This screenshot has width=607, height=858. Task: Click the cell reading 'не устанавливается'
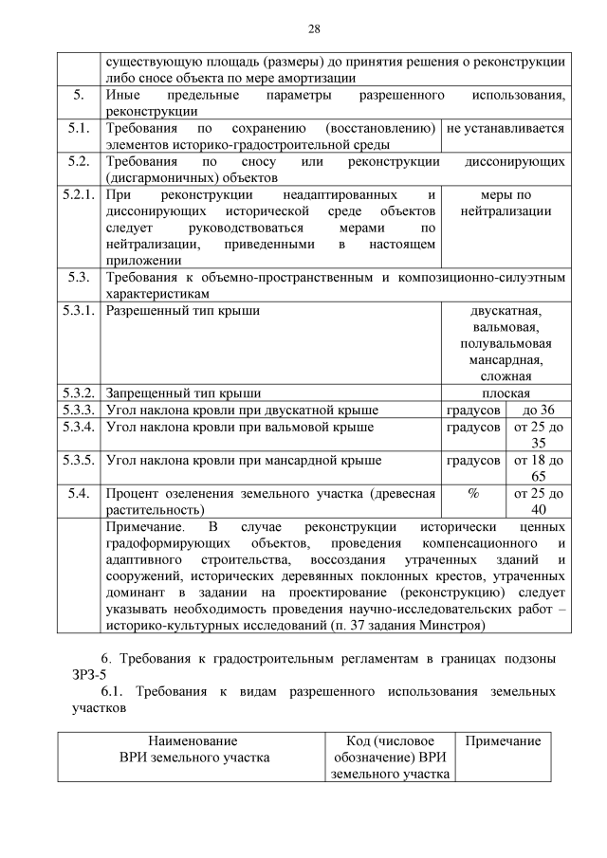tap(506, 128)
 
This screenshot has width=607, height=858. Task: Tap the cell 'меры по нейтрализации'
tap(506, 203)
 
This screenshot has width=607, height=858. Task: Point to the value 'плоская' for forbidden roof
tap(506, 393)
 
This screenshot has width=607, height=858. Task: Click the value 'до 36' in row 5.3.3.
tap(538, 410)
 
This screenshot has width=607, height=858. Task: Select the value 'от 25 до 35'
tap(538, 435)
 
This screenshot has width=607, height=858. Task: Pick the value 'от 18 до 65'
tap(538, 468)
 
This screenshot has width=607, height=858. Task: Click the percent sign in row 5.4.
tap(473, 493)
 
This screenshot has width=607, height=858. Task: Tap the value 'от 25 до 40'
tap(538, 501)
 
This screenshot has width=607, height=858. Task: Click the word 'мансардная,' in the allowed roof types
tap(506, 359)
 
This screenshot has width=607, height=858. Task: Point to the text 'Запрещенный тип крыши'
tap(183, 393)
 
